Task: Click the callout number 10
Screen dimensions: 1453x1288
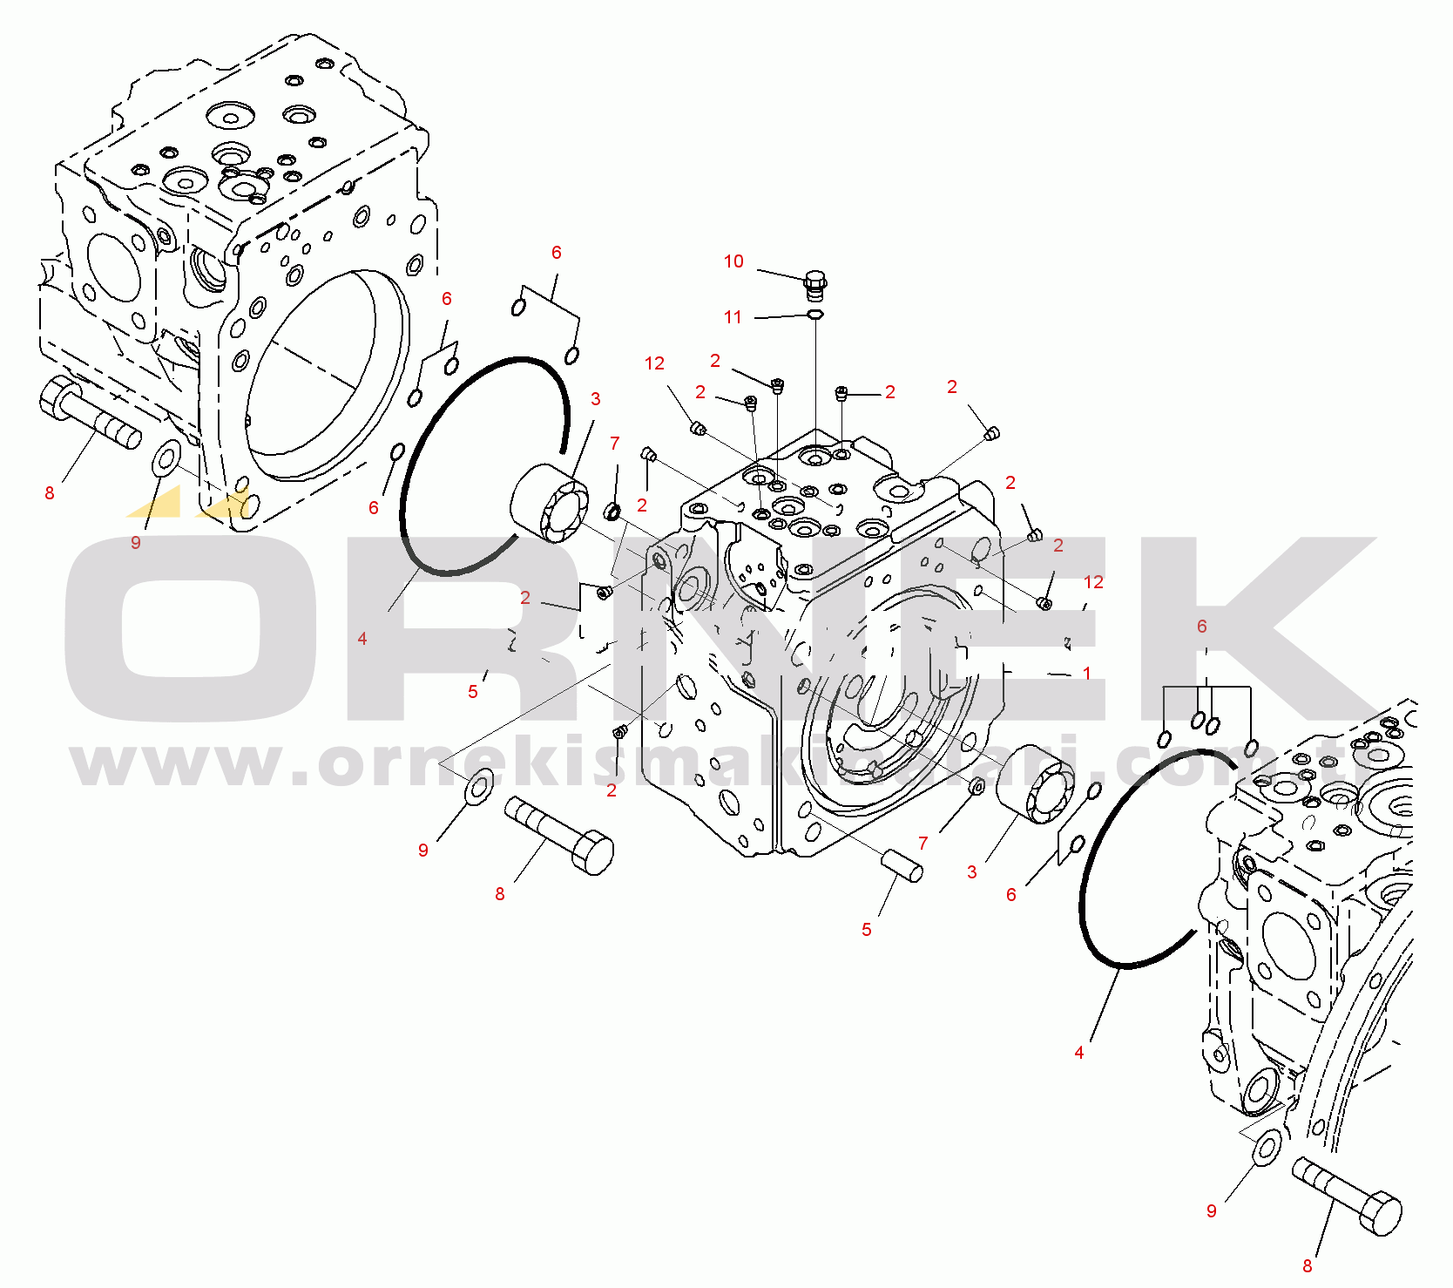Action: (x=733, y=261)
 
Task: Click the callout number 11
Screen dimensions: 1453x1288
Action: (x=733, y=317)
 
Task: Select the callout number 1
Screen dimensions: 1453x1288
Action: (x=1087, y=674)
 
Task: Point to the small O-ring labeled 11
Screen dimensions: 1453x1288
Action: (x=815, y=314)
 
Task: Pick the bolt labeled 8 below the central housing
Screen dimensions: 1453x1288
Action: (x=559, y=835)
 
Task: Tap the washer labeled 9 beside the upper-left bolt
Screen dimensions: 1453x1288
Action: (x=166, y=458)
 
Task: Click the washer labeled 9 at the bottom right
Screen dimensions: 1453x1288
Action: (x=1267, y=1146)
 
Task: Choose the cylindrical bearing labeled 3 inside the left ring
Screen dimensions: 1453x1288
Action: (x=550, y=503)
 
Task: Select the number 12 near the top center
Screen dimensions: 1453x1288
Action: (x=654, y=363)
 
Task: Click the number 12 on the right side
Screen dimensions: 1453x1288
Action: (x=1093, y=582)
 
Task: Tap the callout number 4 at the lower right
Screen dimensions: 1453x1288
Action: (x=1078, y=1053)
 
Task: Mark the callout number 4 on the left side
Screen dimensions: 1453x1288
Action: (x=362, y=639)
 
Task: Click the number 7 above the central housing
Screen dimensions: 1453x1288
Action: (x=614, y=444)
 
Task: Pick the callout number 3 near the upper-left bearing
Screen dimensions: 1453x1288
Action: (x=595, y=399)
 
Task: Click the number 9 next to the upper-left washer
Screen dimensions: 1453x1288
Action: (x=135, y=543)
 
